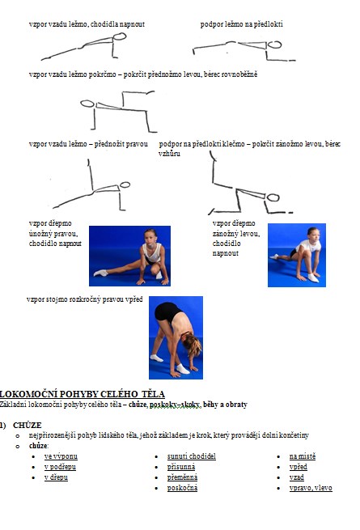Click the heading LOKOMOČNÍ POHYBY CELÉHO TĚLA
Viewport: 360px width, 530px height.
[83, 394]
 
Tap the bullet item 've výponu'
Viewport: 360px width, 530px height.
[61, 456]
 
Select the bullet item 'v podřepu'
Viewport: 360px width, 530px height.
[60, 467]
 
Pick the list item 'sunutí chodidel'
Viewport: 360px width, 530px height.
[191, 456]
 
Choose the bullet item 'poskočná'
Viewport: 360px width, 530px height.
[182, 488]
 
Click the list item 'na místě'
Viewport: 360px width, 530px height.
[303, 456]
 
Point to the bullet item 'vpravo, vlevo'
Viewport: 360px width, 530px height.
[311, 488]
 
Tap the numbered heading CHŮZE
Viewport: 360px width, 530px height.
[28, 426]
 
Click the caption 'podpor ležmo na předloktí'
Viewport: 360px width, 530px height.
[241, 24]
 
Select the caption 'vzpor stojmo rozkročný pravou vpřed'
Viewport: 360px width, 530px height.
[84, 299]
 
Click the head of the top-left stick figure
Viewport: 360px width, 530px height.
[120, 36]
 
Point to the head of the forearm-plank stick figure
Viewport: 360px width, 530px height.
[274, 45]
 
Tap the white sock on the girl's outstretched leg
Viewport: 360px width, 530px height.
[101, 273]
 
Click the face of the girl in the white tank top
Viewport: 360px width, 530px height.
[150, 236]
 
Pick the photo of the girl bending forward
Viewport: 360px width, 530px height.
[176, 337]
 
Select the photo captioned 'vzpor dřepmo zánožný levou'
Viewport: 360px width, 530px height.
[297, 255]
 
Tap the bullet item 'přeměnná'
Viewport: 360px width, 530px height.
[182, 477]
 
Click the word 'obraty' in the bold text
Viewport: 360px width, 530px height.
[236, 405]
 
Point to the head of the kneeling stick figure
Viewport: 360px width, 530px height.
[273, 197]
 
